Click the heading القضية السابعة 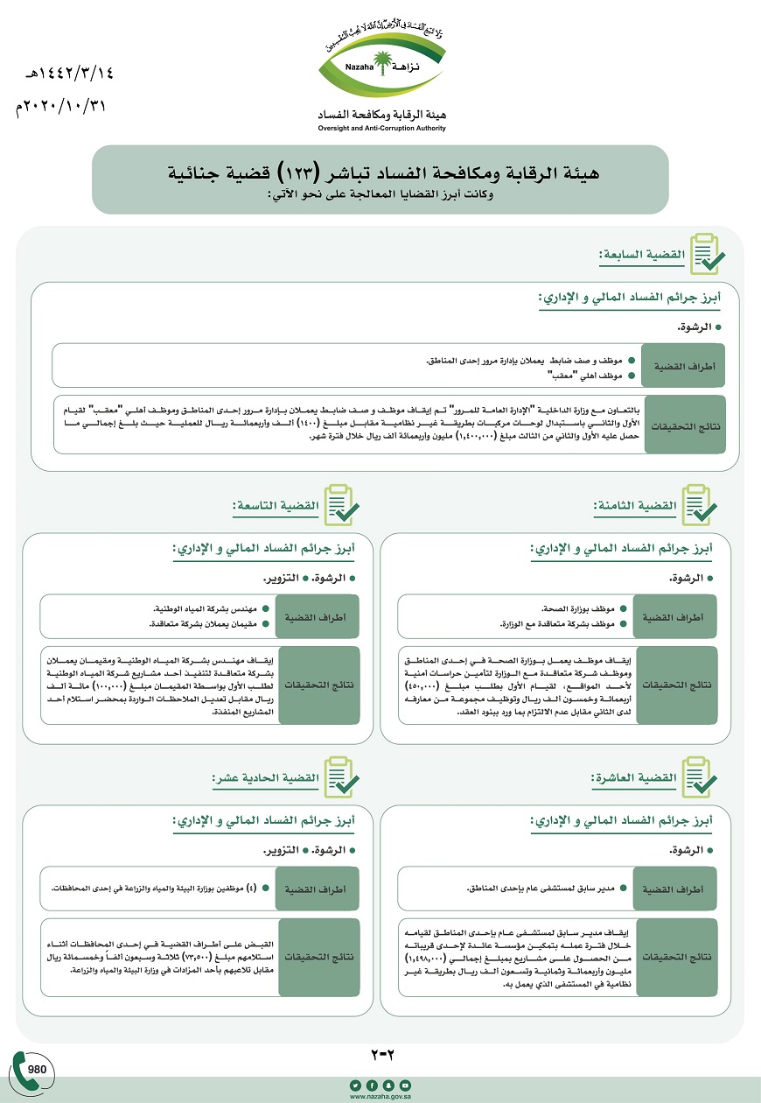tap(642, 255)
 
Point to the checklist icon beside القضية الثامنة tap(699, 506)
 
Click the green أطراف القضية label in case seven tap(683, 367)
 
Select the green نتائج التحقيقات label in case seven tap(683, 424)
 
